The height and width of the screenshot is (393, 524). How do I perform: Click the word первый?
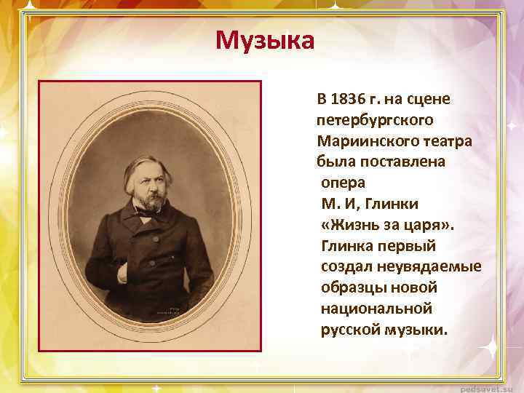(x=408, y=245)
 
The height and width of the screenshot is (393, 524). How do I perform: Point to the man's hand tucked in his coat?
(x=123, y=273)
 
